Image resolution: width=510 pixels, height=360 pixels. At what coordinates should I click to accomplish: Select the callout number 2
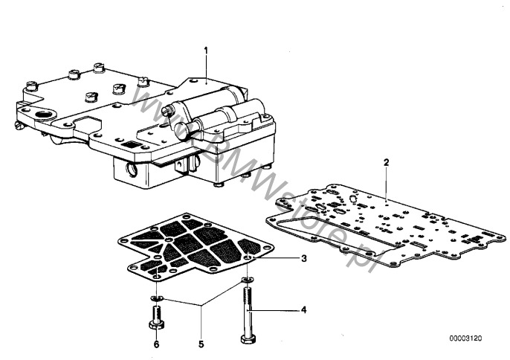click(x=386, y=161)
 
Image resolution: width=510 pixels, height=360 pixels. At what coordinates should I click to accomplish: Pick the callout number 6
click(x=156, y=344)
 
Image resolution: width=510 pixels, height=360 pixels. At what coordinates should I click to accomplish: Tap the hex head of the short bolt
click(x=158, y=327)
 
